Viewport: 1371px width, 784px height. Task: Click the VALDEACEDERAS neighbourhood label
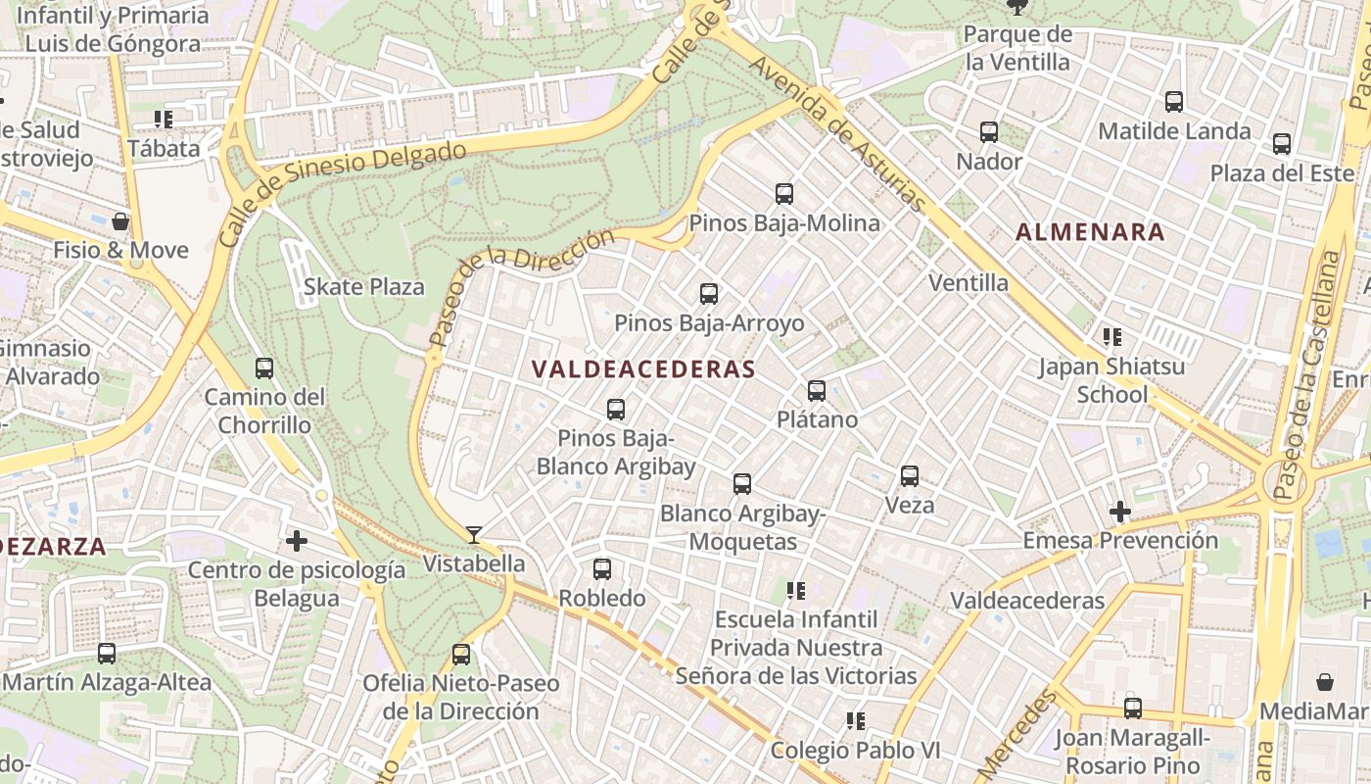[642, 369]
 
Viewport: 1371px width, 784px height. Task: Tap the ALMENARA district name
[1090, 232]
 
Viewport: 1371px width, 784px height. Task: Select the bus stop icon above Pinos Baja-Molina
[784, 194]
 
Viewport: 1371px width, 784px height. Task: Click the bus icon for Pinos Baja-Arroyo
[709, 294]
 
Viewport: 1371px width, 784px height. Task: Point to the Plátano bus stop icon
[817, 391]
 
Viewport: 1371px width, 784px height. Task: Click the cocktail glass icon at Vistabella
[474, 535]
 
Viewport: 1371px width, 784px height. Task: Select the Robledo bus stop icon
[602, 569]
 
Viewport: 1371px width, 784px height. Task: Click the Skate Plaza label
[364, 287]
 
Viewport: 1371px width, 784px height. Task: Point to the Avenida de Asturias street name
[837, 133]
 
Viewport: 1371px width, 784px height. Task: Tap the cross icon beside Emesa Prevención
[1119, 512]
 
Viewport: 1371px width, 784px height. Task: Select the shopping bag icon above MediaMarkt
[1325, 682]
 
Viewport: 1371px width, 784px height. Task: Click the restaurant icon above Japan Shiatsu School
[1111, 338]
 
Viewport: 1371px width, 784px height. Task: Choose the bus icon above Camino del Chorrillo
[264, 369]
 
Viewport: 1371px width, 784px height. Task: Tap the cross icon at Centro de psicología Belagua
[297, 541]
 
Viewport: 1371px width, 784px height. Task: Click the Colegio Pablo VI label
[855, 751]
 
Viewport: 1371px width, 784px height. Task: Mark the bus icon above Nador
[989, 132]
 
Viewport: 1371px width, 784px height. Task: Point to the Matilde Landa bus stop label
[1174, 131]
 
